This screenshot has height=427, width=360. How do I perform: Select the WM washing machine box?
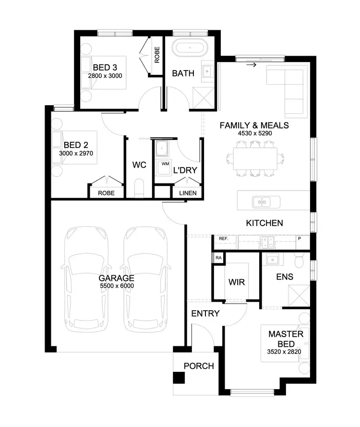pyautogui.click(x=165, y=164)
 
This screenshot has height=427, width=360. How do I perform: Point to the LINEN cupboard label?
pyautogui.click(x=188, y=193)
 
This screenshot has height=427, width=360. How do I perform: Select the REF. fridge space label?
pyautogui.click(x=223, y=239)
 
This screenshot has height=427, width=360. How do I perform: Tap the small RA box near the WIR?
pyautogui.click(x=218, y=257)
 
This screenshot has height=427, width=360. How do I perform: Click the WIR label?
pyautogui.click(x=236, y=282)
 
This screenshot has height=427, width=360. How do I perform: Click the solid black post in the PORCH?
pyautogui.click(x=179, y=378)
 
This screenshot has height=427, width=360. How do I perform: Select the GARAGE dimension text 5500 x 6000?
pyautogui.click(x=116, y=286)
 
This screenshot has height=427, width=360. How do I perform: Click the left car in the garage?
pyautogui.click(x=86, y=279)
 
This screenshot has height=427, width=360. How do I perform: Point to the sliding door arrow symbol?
pyautogui.click(x=251, y=64)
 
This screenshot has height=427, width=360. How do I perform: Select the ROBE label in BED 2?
pyautogui.click(x=106, y=193)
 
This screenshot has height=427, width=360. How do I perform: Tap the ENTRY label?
pyautogui.click(x=205, y=314)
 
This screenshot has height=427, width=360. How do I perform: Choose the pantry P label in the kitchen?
pyautogui.click(x=300, y=239)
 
